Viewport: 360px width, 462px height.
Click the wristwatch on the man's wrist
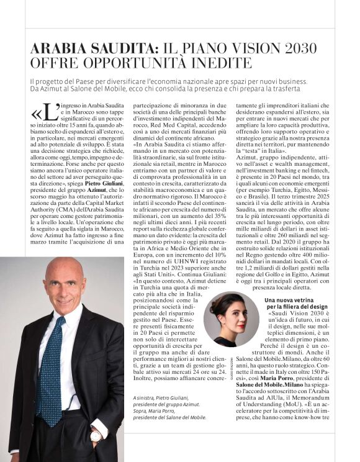click(x=96, y=435)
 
